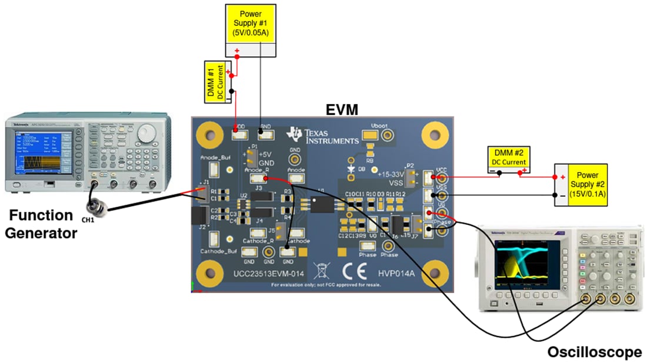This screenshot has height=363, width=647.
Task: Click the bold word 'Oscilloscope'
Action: [594, 352]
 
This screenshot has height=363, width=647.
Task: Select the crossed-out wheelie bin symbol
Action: [321, 270]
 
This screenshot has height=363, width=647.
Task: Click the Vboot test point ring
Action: [387, 136]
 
